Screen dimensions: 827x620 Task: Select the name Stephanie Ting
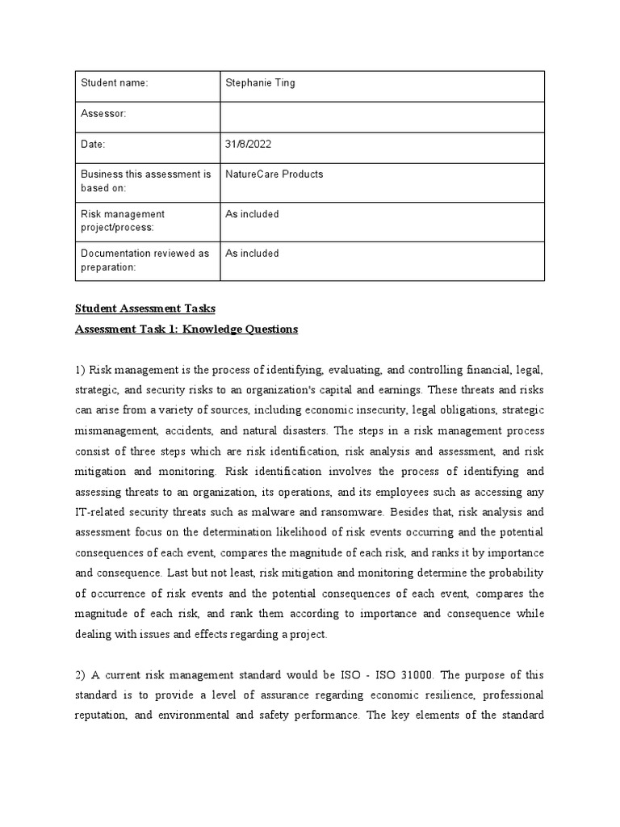click(x=260, y=83)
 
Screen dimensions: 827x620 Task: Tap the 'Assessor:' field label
click(x=103, y=114)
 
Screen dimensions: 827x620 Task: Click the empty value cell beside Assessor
click(x=383, y=115)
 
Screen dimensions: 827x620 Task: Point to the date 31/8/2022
click(x=249, y=145)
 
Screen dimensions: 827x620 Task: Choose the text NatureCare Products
click(x=274, y=174)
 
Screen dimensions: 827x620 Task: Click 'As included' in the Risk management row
click(x=252, y=214)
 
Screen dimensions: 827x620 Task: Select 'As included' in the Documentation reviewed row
click(x=252, y=253)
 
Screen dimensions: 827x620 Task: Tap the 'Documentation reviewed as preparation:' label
click(x=145, y=259)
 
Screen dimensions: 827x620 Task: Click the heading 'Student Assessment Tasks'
click(x=146, y=309)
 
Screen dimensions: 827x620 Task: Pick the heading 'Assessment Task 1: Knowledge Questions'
click(x=186, y=329)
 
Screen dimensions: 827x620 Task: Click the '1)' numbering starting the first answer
click(x=81, y=371)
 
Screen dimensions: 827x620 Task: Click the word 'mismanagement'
click(x=115, y=431)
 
